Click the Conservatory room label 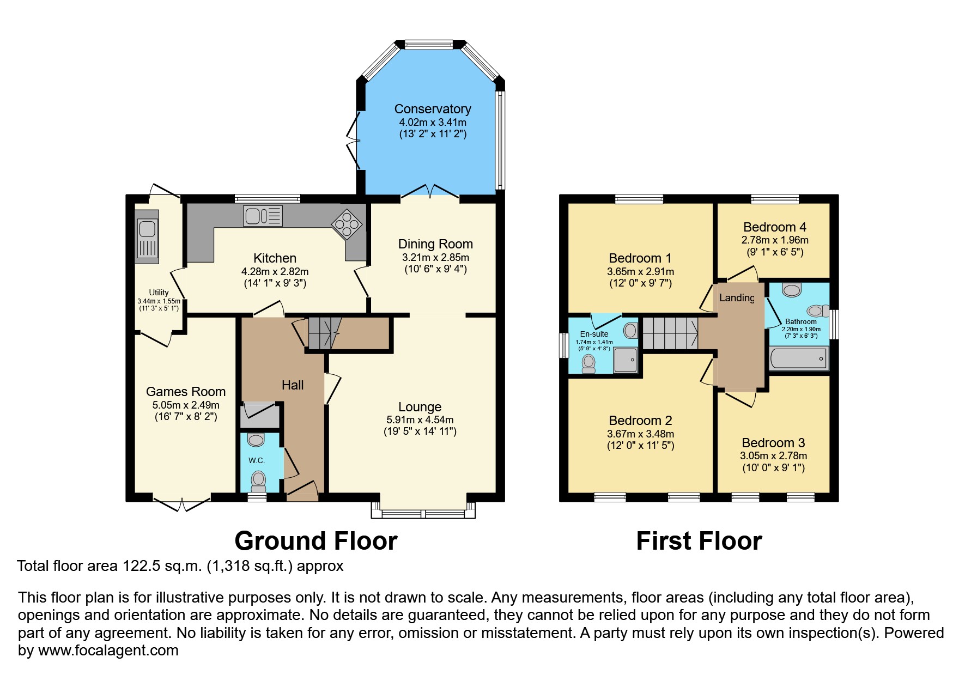point(433,109)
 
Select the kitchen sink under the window point(263,216)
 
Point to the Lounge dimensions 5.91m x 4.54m point(420,420)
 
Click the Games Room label point(186,392)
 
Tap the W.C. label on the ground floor point(257,460)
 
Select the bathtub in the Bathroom point(799,358)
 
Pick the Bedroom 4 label point(774,227)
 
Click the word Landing point(737,297)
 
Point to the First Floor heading point(699,541)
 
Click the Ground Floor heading point(315,541)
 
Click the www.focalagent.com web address point(108,650)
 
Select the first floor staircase point(670,333)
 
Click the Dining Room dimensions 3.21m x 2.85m point(435,257)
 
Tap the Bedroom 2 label point(640,421)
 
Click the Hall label point(293,385)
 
